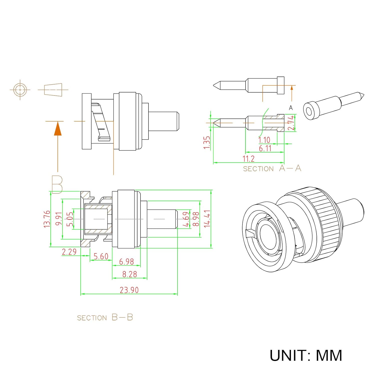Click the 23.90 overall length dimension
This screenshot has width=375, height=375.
click(129, 290)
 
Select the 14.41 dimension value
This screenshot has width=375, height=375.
click(207, 218)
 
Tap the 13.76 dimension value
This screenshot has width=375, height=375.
click(47, 219)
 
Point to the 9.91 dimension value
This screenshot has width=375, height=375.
click(59, 219)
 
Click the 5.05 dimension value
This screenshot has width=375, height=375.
click(70, 219)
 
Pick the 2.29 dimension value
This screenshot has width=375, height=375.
click(69, 252)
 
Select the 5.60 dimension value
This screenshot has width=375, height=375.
click(101, 256)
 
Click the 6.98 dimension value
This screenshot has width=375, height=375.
click(126, 262)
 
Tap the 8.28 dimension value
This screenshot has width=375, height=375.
click(129, 274)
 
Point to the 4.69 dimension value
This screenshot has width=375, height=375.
click(186, 219)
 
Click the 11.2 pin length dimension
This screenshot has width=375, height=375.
click(248, 159)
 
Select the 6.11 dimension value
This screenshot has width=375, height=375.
click(265, 148)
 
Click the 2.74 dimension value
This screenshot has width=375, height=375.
click(291, 123)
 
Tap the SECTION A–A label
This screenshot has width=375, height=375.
click(272, 168)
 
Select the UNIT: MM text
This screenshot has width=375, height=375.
click(306, 355)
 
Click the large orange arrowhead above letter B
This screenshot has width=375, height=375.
click(58, 128)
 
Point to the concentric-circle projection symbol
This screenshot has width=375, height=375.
click(20, 89)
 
